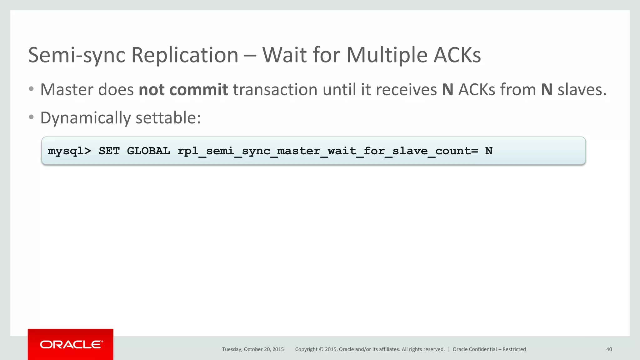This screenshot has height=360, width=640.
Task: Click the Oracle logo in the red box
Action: (71, 344)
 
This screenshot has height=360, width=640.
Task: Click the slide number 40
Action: (609, 349)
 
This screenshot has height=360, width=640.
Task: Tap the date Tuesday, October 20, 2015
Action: (253, 349)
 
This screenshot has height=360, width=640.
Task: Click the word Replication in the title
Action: (185, 55)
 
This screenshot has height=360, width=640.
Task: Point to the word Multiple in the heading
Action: (387, 55)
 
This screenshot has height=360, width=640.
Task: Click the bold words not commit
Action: (183, 90)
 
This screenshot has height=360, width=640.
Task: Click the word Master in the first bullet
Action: (67, 90)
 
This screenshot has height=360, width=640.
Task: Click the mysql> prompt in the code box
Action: (69, 151)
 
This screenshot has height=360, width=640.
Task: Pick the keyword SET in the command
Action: (109, 151)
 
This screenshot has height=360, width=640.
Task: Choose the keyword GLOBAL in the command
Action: (148, 151)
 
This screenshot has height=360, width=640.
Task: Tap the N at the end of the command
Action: (489, 151)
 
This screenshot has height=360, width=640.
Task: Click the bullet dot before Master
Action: (31, 89)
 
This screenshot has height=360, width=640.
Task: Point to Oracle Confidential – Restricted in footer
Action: (489, 349)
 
